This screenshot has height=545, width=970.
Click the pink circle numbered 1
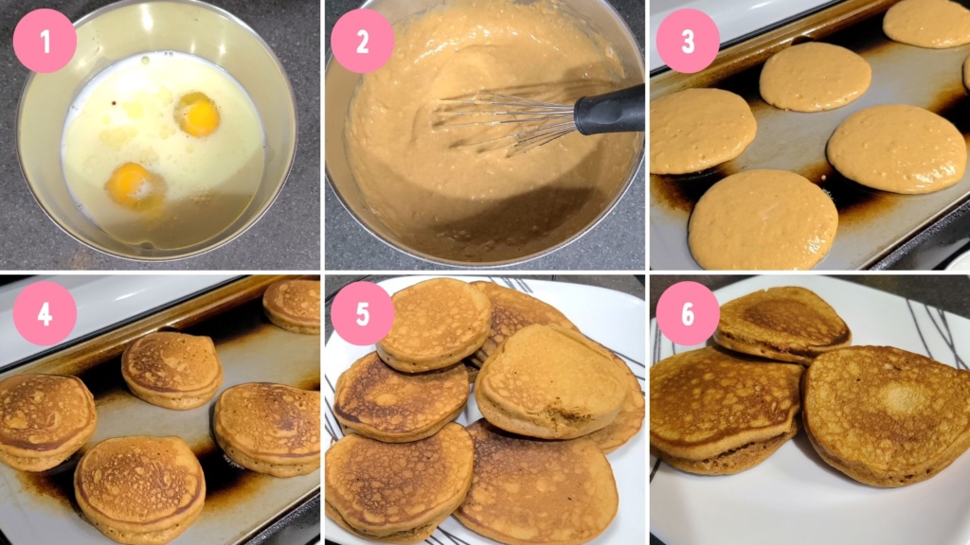pos(45,41)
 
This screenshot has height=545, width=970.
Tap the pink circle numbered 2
pos(362,41)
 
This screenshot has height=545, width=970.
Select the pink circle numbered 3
pos(688,41)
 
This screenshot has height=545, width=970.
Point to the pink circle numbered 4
pos(45,313)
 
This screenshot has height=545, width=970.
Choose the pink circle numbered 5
pos(362,313)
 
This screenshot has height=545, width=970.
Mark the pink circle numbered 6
pos(688,313)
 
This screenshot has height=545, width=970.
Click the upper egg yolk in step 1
pos(198,114)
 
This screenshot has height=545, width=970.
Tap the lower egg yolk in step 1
pos(134,184)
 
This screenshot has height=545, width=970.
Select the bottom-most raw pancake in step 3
pos(763,220)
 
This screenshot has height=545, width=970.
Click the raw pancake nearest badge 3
pos(815,76)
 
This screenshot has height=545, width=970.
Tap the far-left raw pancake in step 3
pos(701,131)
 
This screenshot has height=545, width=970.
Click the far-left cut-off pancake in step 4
pos(43,419)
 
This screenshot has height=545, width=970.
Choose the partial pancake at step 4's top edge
pos(293,304)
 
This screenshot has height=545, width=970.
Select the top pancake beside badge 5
pos(433,323)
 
